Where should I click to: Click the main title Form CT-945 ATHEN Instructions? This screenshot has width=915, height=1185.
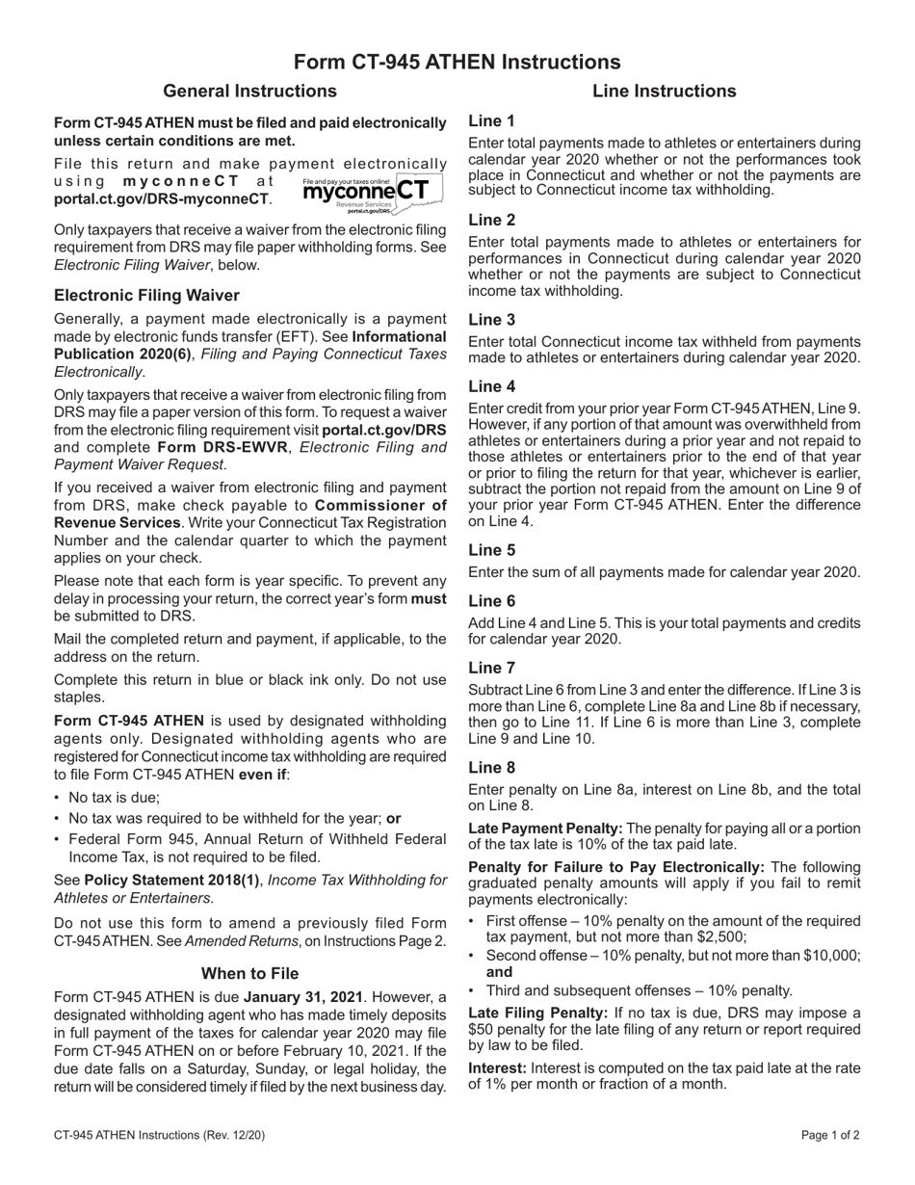457,62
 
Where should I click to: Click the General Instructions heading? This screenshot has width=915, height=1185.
249,92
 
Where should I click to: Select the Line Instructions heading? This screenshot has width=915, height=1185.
664,92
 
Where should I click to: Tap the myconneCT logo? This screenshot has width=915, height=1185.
372,192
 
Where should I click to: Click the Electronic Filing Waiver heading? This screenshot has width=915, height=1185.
146,295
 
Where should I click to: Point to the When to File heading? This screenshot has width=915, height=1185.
249,973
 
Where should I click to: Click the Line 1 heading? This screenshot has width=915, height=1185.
491,120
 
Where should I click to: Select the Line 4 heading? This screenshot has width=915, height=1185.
491,386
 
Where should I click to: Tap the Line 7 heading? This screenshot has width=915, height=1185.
491,668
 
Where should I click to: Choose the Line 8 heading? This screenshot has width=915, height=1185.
491,768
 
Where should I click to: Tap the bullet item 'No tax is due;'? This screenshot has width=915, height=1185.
114,797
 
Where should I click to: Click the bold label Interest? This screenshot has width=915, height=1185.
497,1067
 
